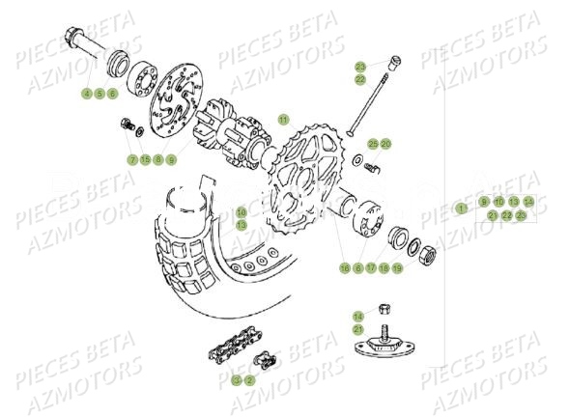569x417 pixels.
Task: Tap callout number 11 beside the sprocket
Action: (x=282, y=120)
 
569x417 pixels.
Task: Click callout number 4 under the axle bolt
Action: (x=86, y=94)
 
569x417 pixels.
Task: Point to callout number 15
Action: (x=145, y=158)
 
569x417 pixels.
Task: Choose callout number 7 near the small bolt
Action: (x=132, y=158)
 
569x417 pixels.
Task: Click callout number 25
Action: (x=372, y=143)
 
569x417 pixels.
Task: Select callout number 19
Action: (x=397, y=267)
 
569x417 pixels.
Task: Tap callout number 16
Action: (x=242, y=210)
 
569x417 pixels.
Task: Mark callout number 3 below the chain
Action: (x=236, y=379)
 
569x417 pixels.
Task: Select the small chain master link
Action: (x=261, y=363)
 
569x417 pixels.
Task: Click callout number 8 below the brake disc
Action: (x=157, y=158)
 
